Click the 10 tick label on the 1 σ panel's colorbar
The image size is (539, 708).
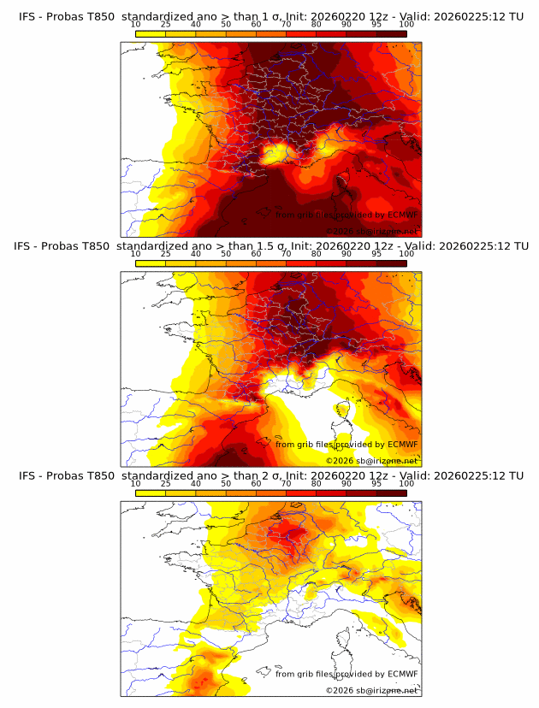(136, 25)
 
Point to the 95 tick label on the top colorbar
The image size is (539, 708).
(376, 25)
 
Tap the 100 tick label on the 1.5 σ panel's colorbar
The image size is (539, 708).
(406, 254)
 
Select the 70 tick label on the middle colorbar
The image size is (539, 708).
(286, 254)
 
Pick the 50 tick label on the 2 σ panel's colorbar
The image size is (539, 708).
(226, 483)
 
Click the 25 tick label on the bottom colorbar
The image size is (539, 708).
(165, 483)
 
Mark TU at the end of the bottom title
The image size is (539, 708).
(516, 475)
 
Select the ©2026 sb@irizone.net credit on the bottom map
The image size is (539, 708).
(371, 690)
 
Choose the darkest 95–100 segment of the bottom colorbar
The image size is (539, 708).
(392, 493)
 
